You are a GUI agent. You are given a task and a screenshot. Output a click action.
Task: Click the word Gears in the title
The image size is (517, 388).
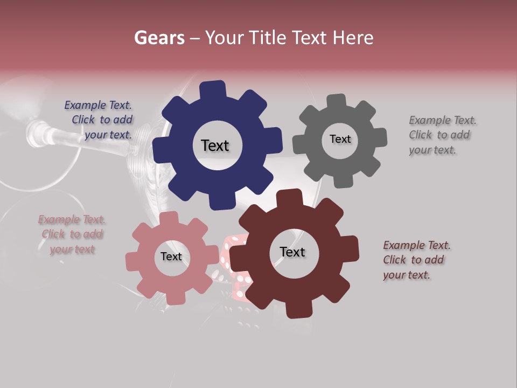[x=159, y=38]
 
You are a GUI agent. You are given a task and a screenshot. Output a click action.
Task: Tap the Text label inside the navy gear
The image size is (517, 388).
[x=215, y=145]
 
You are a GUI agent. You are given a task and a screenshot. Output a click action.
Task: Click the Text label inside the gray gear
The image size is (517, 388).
[x=340, y=139]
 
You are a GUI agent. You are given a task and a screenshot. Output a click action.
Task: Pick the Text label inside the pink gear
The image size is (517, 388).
[x=171, y=257]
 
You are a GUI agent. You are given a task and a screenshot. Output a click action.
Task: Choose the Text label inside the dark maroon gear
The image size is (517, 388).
[x=292, y=252]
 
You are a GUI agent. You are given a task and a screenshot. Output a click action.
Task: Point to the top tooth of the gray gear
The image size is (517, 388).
[x=336, y=101]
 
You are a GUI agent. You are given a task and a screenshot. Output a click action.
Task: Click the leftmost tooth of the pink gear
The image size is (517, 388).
[x=132, y=261]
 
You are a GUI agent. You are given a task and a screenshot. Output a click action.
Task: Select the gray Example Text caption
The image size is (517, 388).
[x=442, y=135]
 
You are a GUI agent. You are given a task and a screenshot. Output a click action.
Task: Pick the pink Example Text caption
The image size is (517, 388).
[x=72, y=234]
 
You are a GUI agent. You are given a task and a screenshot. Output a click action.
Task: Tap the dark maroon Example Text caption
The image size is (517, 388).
[x=416, y=260]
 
